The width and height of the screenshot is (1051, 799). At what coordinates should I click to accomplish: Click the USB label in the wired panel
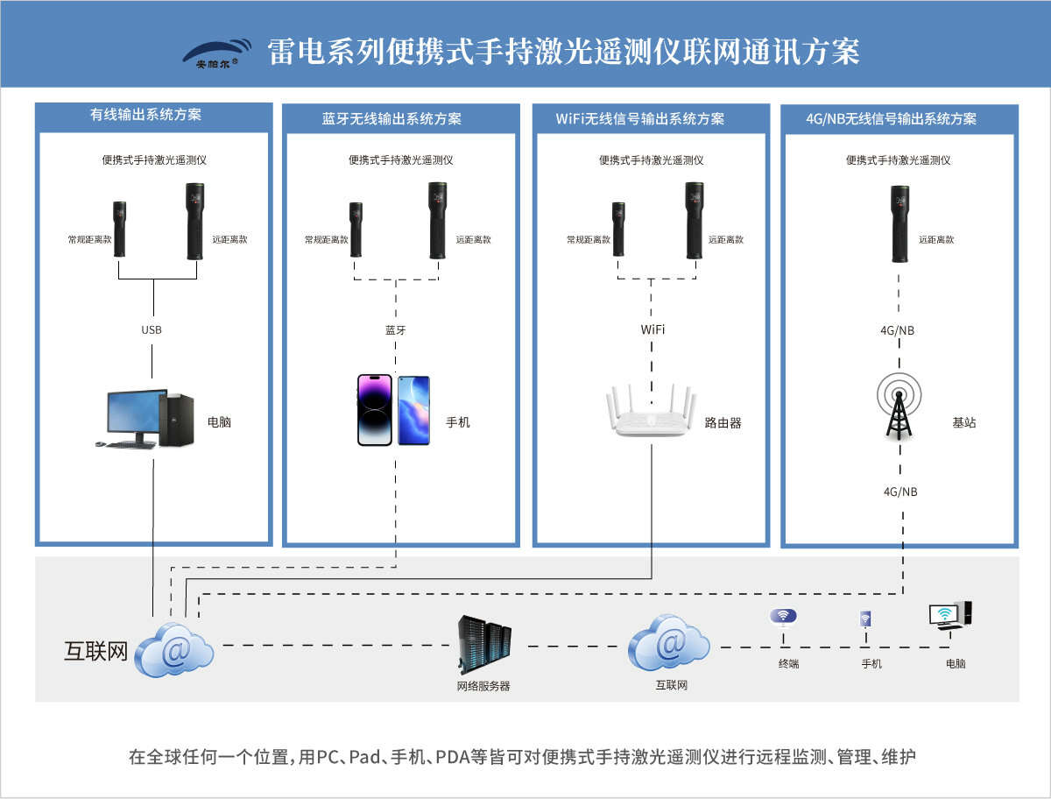click(152, 330)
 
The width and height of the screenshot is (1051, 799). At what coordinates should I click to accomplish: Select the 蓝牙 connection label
click(396, 330)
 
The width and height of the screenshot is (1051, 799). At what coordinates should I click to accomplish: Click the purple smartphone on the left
click(374, 410)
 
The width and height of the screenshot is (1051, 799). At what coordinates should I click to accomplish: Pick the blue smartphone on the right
click(413, 410)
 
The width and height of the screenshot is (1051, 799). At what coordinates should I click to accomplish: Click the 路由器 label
click(723, 422)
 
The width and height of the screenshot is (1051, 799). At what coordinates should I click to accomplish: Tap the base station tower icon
click(900, 406)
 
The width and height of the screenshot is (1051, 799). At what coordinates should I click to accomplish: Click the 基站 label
click(964, 422)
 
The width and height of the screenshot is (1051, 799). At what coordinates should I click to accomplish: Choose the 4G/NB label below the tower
click(900, 492)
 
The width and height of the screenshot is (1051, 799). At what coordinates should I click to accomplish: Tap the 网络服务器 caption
click(483, 686)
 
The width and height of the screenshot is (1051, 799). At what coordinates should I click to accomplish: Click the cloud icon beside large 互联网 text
click(175, 649)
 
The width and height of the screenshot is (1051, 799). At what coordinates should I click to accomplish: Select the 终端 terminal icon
click(784, 618)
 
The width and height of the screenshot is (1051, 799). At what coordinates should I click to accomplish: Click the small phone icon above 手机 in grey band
click(865, 619)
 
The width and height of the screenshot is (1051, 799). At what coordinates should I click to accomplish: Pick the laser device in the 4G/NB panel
click(899, 223)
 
